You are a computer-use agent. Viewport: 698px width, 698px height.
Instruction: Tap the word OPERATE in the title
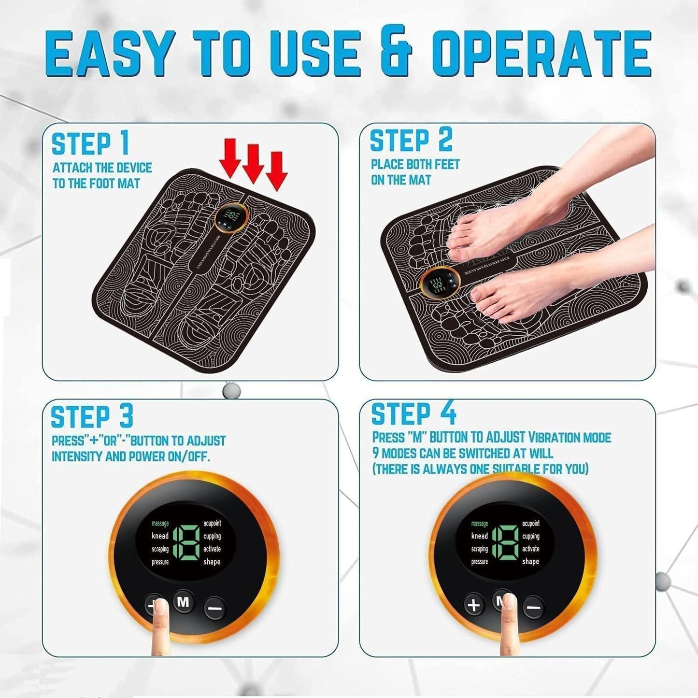[541, 53]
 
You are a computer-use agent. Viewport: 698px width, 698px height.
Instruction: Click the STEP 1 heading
[90, 144]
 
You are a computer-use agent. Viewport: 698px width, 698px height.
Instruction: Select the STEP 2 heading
[411, 141]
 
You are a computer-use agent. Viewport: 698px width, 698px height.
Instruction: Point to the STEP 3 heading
[92, 417]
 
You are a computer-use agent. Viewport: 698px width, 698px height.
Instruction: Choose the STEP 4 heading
[413, 414]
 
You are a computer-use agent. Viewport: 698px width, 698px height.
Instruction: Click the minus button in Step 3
[214, 607]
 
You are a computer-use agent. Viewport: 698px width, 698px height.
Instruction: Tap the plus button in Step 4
[474, 605]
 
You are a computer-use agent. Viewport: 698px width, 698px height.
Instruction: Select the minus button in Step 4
[533, 607]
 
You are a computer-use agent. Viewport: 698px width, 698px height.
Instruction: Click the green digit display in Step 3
[185, 542]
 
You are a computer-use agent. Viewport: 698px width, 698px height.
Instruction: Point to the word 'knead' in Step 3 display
[160, 536]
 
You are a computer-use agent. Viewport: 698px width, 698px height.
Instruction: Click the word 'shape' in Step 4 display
[530, 561]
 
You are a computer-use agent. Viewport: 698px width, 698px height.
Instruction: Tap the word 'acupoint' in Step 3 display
[212, 523]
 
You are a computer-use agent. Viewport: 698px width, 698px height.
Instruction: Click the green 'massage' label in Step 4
[479, 524]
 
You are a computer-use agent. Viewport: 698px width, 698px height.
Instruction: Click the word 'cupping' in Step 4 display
[530, 536]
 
